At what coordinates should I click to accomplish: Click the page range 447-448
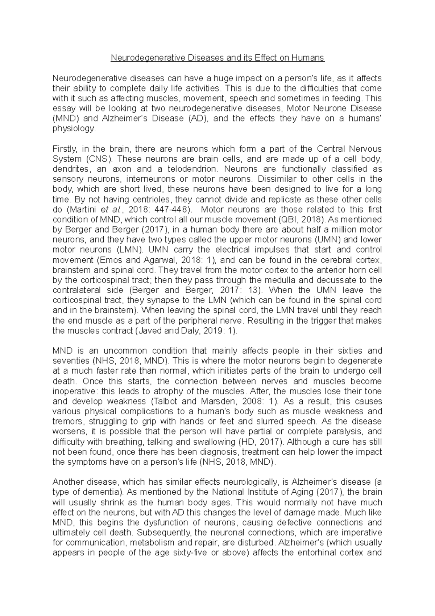[173, 209]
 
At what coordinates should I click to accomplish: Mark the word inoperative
[74, 391]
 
